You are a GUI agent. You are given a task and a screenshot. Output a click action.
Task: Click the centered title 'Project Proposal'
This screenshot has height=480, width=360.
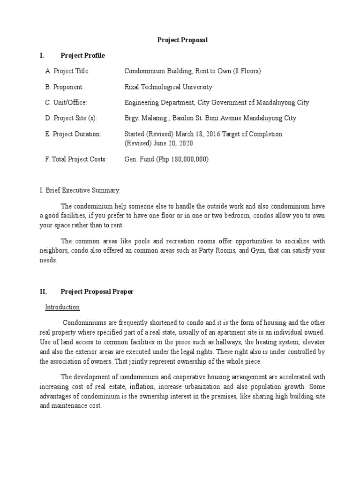(x=182, y=40)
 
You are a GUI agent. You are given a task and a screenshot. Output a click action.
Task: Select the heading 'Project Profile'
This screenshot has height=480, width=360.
(x=83, y=56)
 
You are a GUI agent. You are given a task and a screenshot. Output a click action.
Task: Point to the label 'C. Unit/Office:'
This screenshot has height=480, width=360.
(x=66, y=103)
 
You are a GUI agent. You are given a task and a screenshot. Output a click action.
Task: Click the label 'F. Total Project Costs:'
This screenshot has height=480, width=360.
(x=76, y=159)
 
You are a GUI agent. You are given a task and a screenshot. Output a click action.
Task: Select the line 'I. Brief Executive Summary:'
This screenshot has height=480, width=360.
(x=80, y=190)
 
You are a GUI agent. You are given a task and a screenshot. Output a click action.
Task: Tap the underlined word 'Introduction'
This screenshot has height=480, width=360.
(x=62, y=307)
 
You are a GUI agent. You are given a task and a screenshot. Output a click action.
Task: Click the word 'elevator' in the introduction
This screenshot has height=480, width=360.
(x=313, y=342)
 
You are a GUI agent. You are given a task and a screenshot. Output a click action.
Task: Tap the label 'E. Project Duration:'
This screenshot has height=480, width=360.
(x=73, y=134)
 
